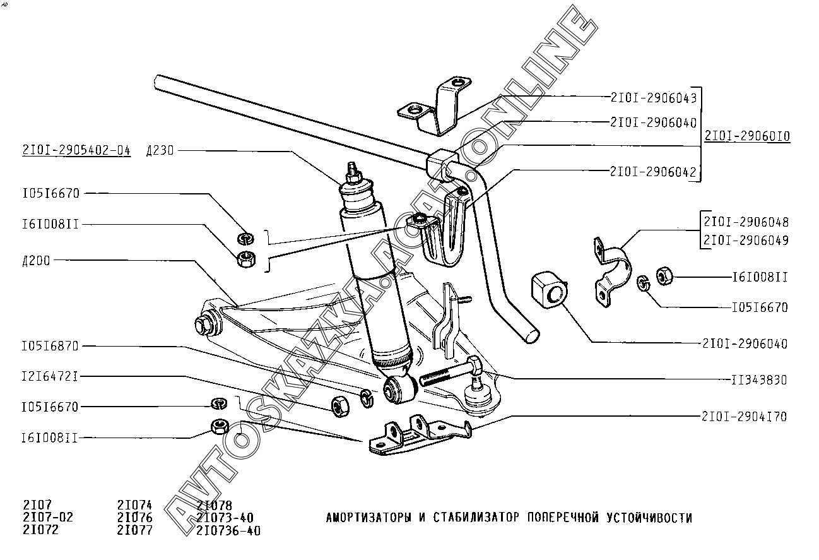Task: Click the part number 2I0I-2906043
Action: [653, 98]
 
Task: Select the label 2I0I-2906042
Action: [653, 170]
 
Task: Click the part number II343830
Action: [760, 380]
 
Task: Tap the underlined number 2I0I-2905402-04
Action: [76, 150]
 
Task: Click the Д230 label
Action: [159, 150]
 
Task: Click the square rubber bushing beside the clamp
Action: [550, 292]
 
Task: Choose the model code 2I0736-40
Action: [228, 531]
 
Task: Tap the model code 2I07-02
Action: [48, 518]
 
